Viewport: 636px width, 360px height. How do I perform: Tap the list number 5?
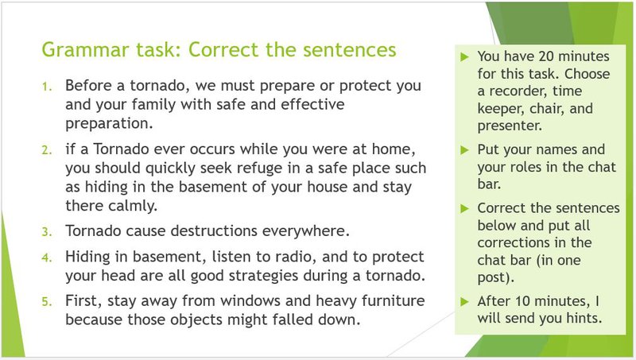(46, 301)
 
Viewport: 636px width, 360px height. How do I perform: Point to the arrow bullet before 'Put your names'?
(465, 149)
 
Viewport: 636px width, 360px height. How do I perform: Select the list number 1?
(46, 86)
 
